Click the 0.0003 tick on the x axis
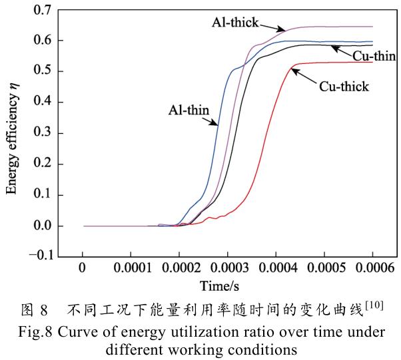(x=228, y=271)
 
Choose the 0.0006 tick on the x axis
(x=372, y=271)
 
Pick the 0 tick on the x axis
(x=83, y=271)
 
